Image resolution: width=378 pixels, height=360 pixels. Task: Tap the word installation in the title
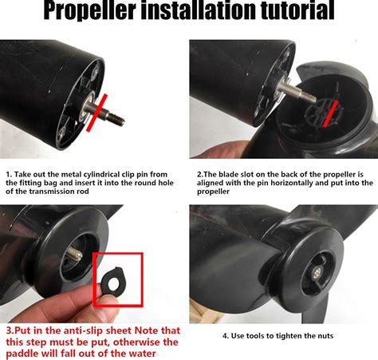point(193,11)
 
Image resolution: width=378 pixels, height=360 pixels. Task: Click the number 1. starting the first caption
point(8,173)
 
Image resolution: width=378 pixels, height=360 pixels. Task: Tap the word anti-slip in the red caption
point(77,329)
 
